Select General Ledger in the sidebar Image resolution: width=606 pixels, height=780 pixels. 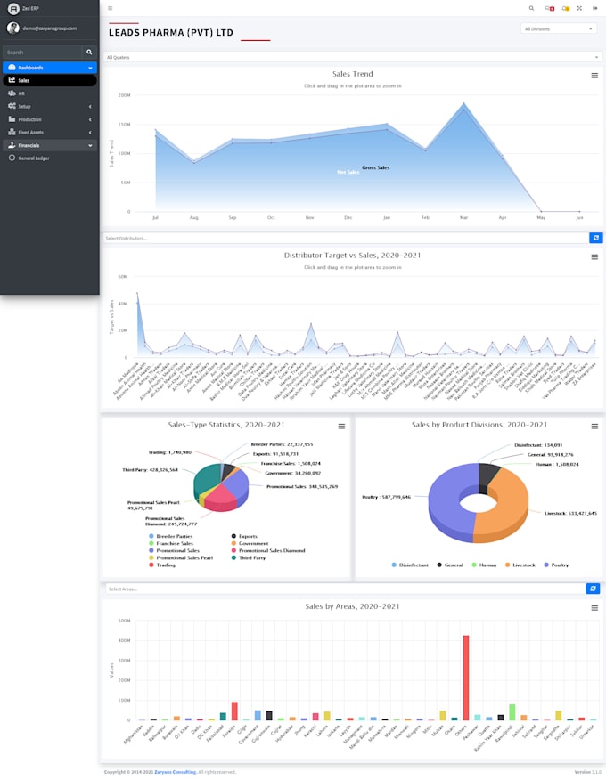35,158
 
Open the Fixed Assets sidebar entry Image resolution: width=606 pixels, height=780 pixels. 31,132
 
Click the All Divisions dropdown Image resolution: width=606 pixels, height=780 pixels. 558,28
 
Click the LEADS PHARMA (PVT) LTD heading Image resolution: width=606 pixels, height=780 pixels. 171,33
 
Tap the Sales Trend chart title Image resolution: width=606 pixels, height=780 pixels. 352,74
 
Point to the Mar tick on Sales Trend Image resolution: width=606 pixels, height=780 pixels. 463,217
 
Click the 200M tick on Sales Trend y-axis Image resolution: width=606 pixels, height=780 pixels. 124,95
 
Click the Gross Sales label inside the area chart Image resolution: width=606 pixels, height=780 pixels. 375,167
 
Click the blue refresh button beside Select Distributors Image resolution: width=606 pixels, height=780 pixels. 595,238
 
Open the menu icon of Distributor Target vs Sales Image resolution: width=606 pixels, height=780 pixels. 594,256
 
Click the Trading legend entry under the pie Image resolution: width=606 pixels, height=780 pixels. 165,565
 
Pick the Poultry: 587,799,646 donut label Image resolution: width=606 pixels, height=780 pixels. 386,497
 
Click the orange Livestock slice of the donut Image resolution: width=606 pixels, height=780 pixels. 512,499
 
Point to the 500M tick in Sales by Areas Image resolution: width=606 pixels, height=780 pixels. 124,621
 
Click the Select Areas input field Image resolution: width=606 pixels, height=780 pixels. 343,589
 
